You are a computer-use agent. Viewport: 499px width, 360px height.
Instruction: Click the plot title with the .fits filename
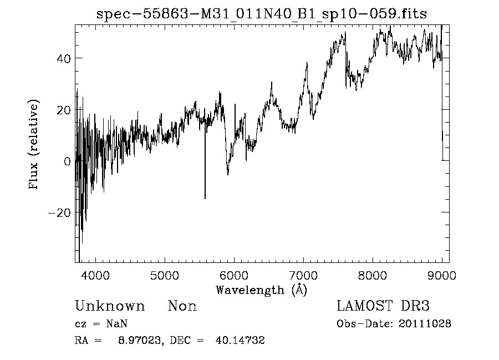click(x=262, y=14)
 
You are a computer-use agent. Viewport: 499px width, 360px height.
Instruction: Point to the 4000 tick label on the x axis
click(x=96, y=275)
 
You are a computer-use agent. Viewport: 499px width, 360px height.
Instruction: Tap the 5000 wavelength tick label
click(x=165, y=275)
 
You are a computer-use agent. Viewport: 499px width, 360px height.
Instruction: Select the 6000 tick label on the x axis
click(x=235, y=275)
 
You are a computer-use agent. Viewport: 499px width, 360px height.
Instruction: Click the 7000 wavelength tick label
click(x=304, y=275)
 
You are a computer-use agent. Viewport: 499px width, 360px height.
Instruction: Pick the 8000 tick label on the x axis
click(x=373, y=275)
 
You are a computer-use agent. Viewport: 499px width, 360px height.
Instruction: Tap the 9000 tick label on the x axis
click(x=442, y=275)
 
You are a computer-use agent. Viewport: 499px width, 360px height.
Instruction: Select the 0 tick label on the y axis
click(x=67, y=161)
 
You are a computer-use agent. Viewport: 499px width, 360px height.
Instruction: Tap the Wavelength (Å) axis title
click(x=261, y=290)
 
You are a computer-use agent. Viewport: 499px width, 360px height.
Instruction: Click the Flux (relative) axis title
click(x=34, y=145)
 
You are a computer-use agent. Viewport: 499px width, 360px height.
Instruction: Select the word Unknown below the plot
click(x=110, y=306)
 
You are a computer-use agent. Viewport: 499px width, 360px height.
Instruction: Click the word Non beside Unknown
click(x=182, y=306)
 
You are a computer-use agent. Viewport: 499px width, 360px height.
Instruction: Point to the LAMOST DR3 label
click(x=383, y=306)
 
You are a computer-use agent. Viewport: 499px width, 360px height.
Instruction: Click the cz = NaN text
click(x=103, y=324)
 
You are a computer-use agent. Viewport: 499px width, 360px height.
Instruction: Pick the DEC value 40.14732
click(x=240, y=341)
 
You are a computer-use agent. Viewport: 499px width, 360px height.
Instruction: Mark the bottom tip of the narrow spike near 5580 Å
click(x=205, y=198)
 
